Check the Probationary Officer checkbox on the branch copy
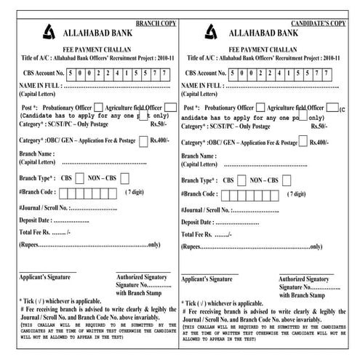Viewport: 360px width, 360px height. coord(98,107)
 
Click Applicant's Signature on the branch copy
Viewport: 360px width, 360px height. coord(44,277)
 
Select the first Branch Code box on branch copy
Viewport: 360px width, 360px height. coord(63,193)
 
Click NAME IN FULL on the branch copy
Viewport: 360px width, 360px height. coord(39,86)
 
